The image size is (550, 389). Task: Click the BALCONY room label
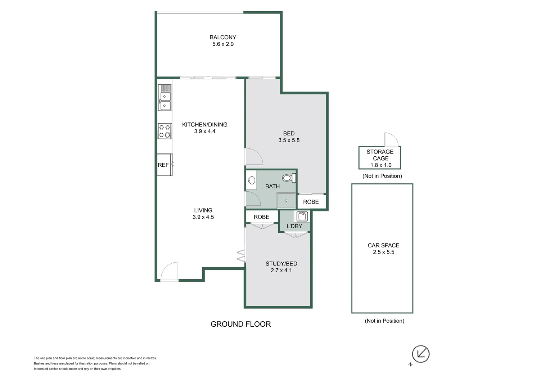(x=223, y=37)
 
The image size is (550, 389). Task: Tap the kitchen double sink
(x=165, y=100)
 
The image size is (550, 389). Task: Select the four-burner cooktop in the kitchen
(x=165, y=131)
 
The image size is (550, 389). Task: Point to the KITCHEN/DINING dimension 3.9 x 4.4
(x=204, y=131)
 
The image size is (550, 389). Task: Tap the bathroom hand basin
(x=252, y=180)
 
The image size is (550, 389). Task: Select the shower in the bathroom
(x=286, y=201)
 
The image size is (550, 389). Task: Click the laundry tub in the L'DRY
(x=302, y=216)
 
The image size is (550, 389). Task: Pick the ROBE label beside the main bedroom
(x=311, y=202)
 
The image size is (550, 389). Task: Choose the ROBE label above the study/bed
(x=261, y=217)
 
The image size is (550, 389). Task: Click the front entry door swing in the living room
(x=169, y=272)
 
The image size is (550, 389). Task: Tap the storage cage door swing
(x=391, y=140)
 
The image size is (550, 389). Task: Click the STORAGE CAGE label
(x=380, y=155)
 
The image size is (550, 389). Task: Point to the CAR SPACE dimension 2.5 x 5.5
(x=383, y=252)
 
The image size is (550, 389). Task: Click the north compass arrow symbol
(x=420, y=354)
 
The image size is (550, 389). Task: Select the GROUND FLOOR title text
(x=240, y=324)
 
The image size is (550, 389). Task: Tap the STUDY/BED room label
(x=281, y=264)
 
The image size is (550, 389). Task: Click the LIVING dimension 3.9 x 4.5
(x=203, y=217)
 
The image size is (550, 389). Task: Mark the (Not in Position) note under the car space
(x=384, y=321)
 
